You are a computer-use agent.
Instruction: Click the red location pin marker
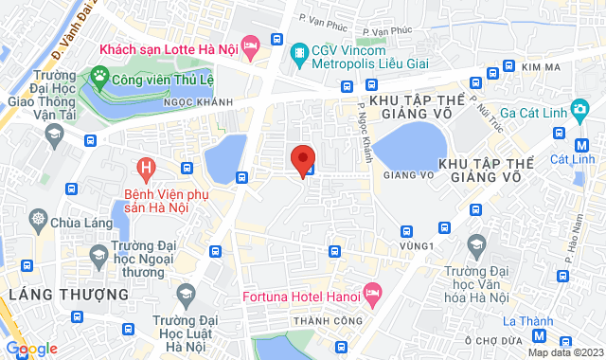pos(302,158)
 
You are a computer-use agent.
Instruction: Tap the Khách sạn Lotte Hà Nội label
pos(167,47)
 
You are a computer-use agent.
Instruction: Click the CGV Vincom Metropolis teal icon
pos(300,51)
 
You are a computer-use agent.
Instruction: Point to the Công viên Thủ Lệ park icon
pos(99,74)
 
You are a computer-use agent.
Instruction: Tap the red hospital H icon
pos(146,170)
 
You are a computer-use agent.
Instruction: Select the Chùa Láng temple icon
pos(38,221)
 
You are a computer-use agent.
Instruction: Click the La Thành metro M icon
pos(539,335)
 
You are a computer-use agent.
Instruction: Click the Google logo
pos(31,349)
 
